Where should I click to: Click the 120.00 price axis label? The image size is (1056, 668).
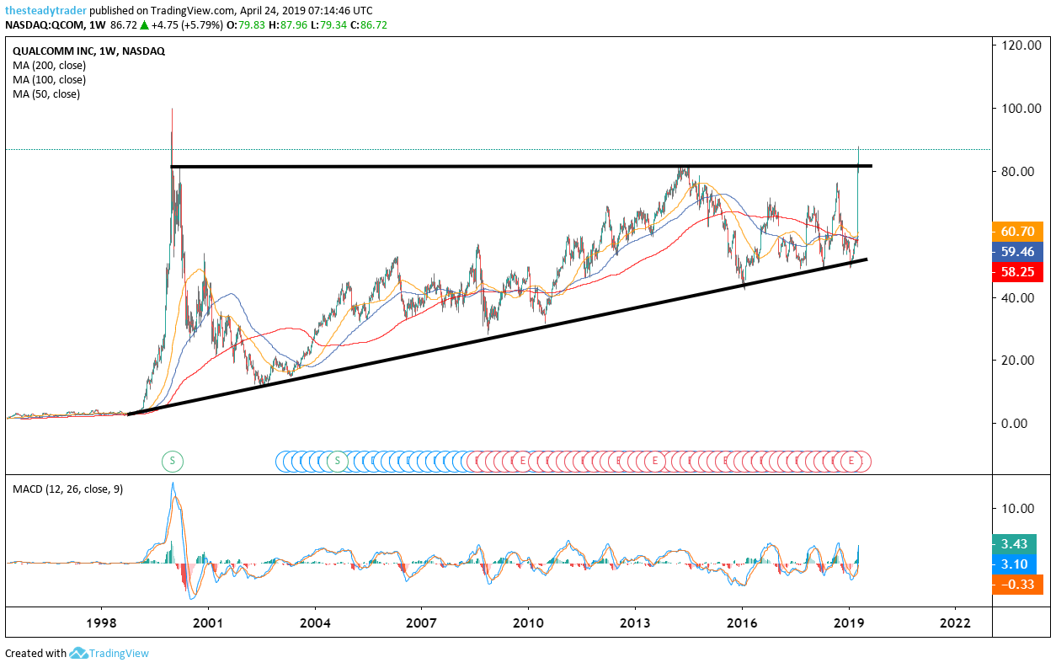coord(1021,45)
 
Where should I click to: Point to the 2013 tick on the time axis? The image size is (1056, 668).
coord(635,623)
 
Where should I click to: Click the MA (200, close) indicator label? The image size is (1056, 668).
coord(49,65)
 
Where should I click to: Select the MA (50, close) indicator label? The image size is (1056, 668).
coord(46,94)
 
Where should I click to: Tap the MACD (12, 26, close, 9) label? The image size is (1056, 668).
coord(67,489)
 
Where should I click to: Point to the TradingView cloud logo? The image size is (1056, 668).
coord(79,653)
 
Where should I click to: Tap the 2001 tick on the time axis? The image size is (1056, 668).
coord(207,623)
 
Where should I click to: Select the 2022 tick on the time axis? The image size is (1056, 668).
coord(956,623)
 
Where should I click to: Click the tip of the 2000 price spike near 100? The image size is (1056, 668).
coord(172,109)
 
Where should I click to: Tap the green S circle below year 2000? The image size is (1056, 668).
coord(172,460)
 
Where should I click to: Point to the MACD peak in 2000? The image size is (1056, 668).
coord(173,484)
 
